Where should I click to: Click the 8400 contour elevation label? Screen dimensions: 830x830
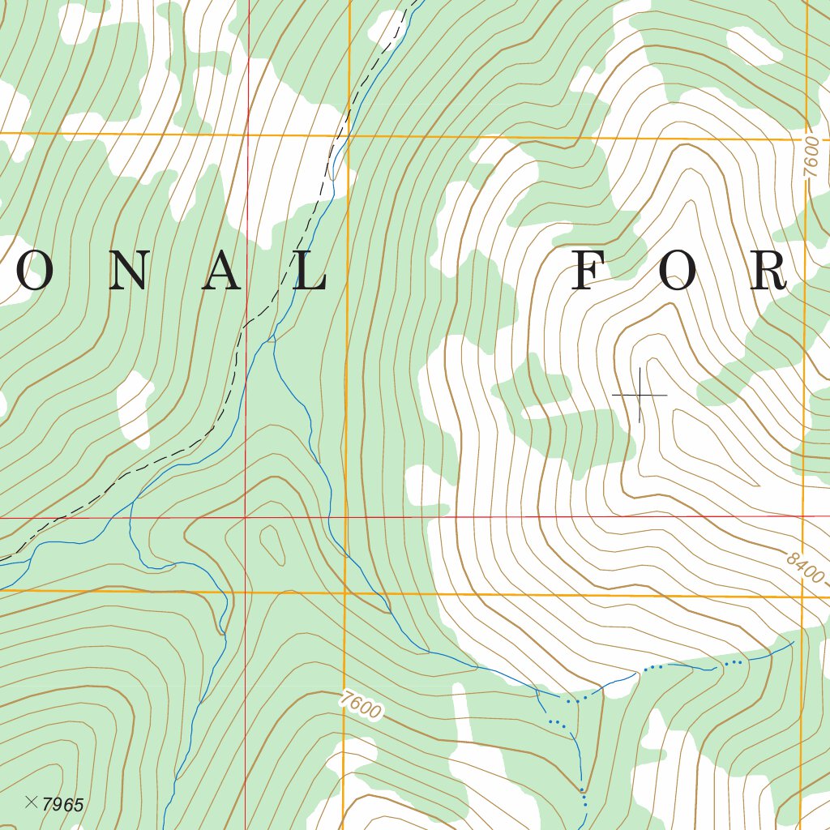pyautogui.click(x=804, y=568)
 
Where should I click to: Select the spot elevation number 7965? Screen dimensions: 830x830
pyautogui.click(x=63, y=805)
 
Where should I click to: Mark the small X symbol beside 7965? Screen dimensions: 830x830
pyautogui.click(x=32, y=802)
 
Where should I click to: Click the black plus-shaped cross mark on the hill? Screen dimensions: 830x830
pyautogui.click(x=640, y=395)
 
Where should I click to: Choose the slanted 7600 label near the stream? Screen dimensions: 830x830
pyautogui.click(x=361, y=704)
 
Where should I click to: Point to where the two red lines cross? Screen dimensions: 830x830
pyautogui.click(x=246, y=517)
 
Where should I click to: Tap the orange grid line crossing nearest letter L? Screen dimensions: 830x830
pyautogui.click(x=348, y=135)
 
